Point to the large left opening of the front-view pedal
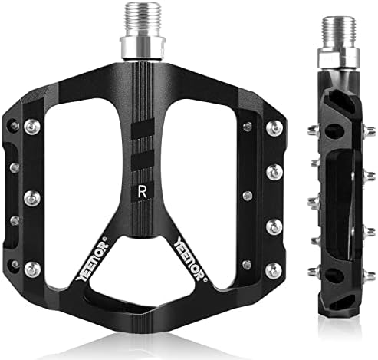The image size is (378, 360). pyautogui.click(x=77, y=169)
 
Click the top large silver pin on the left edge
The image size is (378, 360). pyautogui.click(x=31, y=125)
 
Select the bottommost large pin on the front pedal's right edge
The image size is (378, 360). pyautogui.click(x=273, y=269)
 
